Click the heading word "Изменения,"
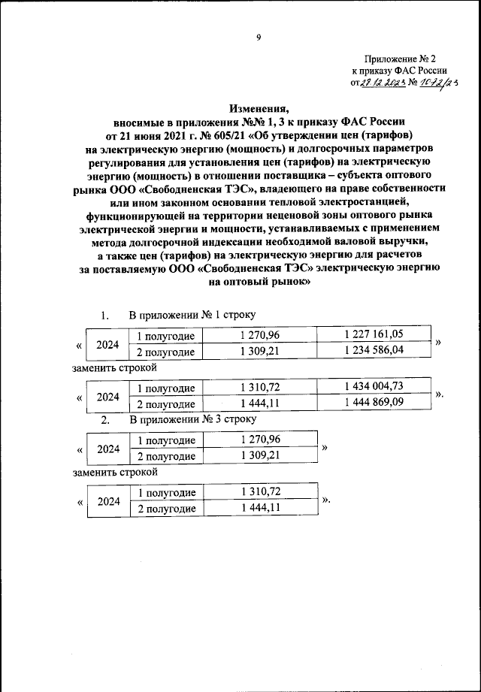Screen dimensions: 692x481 click(258, 108)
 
